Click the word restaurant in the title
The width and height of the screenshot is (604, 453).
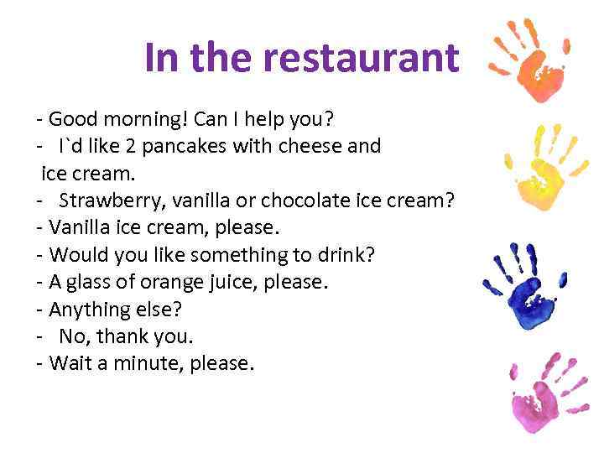point(362,58)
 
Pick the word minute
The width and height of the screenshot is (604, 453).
point(159,364)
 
